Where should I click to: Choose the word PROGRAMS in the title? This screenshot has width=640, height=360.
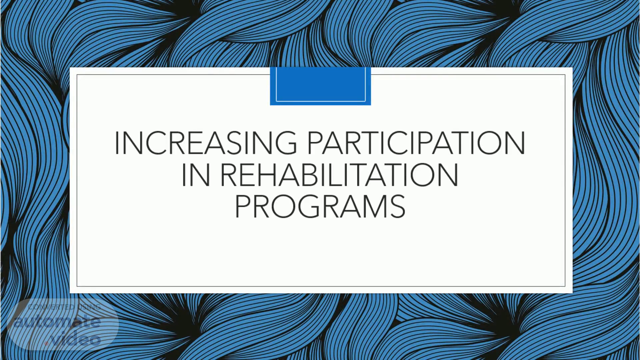coord(320,206)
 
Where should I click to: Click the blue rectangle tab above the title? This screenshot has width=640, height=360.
coord(320,86)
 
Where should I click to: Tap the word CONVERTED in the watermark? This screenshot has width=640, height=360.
coord(52,307)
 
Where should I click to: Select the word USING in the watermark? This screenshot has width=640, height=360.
coord(89,307)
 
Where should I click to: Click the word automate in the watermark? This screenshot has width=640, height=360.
coord(57,322)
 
